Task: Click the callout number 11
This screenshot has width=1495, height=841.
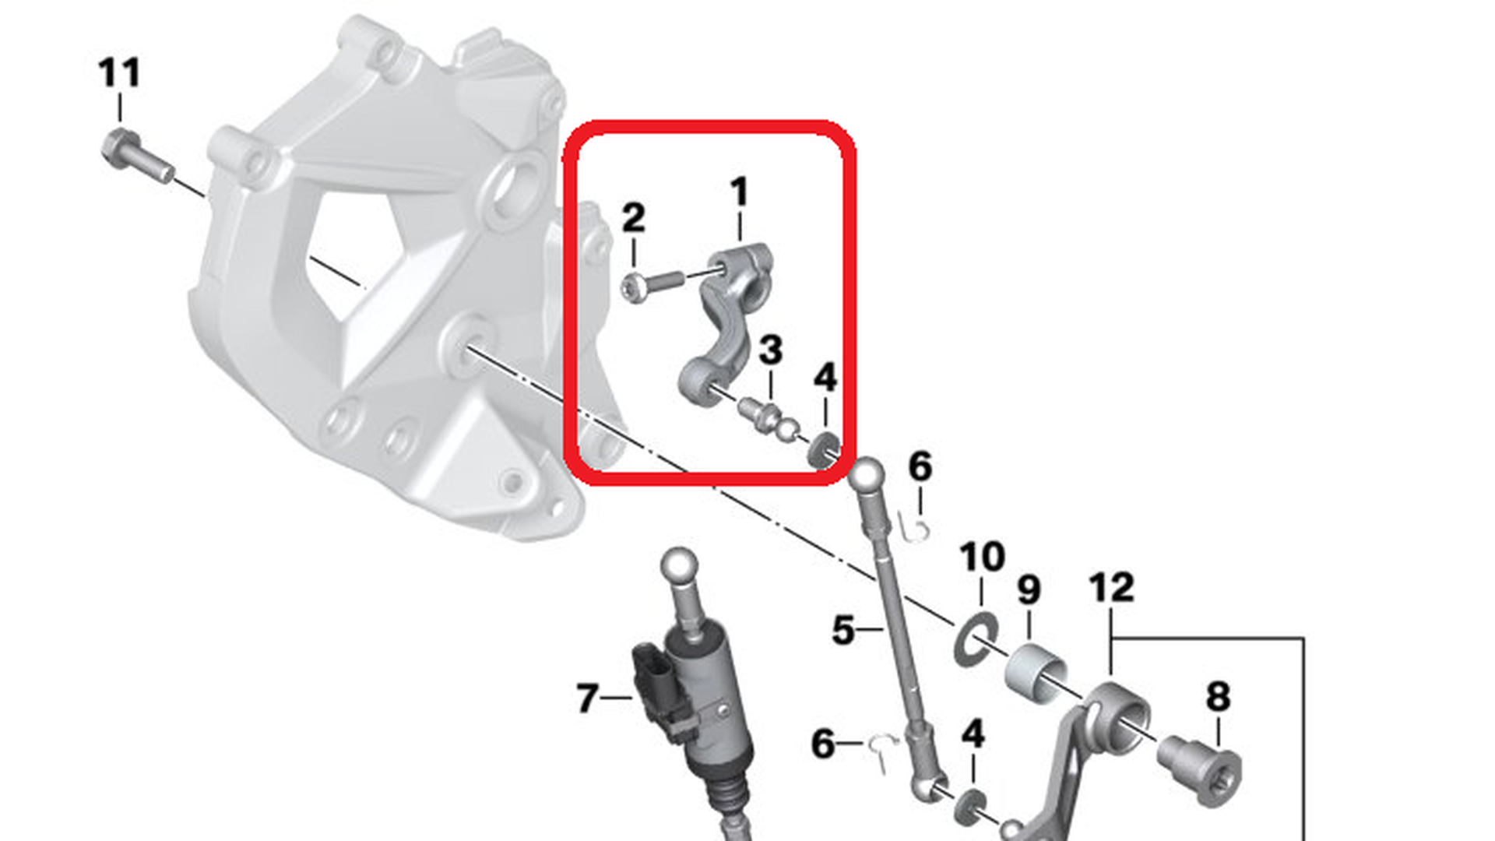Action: point(119,72)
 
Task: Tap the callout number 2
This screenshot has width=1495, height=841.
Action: point(633,218)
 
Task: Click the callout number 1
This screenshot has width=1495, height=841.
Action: point(739,192)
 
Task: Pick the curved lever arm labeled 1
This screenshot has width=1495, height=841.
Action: point(727,327)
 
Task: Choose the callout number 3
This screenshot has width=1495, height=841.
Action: point(770,350)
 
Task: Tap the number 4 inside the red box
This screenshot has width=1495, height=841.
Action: point(825,378)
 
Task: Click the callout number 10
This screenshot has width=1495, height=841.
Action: point(982,557)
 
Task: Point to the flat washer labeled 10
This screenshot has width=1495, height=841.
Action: point(976,639)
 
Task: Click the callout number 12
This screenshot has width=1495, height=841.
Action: point(1111,587)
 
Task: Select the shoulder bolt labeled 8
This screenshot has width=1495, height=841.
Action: point(1200,769)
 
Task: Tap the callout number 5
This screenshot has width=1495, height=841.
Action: point(843,630)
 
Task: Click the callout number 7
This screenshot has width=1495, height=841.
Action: point(588,698)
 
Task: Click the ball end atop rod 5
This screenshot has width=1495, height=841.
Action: point(867,474)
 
